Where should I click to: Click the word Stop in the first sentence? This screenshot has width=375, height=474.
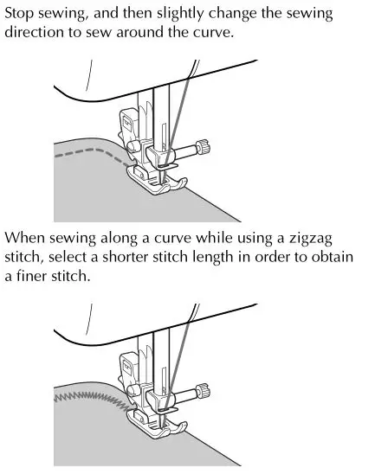(x=22, y=15)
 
